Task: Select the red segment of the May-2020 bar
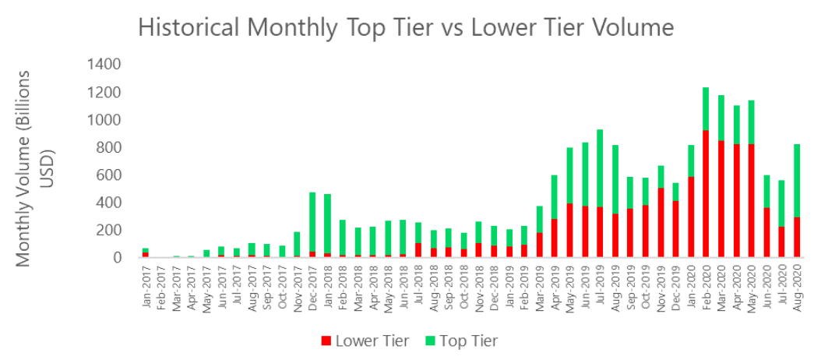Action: [751, 200]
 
